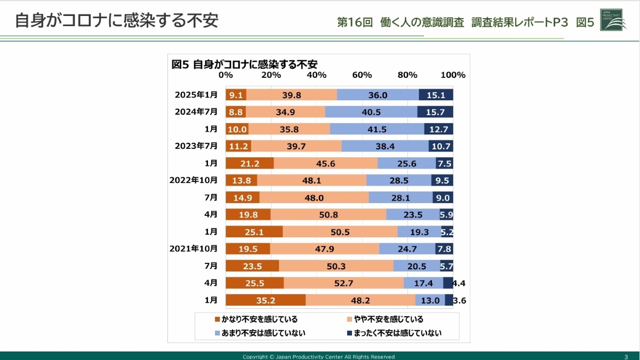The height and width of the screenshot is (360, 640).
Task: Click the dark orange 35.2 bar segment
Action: tap(265, 300)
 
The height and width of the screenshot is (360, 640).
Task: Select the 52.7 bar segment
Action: tap(343, 283)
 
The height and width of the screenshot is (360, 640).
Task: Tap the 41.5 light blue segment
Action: tap(377, 129)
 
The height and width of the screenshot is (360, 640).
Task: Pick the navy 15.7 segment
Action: tap(435, 112)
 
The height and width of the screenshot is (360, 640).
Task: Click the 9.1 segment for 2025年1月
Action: tap(236, 95)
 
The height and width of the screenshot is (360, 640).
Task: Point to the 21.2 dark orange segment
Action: tap(249, 163)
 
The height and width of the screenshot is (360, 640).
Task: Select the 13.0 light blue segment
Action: tap(430, 300)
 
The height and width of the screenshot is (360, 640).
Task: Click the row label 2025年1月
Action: tap(196, 95)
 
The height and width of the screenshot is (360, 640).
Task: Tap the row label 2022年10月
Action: tap(194, 180)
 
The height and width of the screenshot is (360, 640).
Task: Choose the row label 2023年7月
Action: tap(196, 146)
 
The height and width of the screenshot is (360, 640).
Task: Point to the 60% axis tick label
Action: tap(362, 75)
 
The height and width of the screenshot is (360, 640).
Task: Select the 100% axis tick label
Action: tap(453, 75)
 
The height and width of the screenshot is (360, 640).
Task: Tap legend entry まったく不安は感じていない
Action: tap(395, 333)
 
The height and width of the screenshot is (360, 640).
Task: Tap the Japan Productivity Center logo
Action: tap(613, 19)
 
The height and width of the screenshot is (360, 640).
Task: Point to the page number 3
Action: tap(626, 356)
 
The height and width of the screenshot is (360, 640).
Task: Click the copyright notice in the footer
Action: tap(318, 356)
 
